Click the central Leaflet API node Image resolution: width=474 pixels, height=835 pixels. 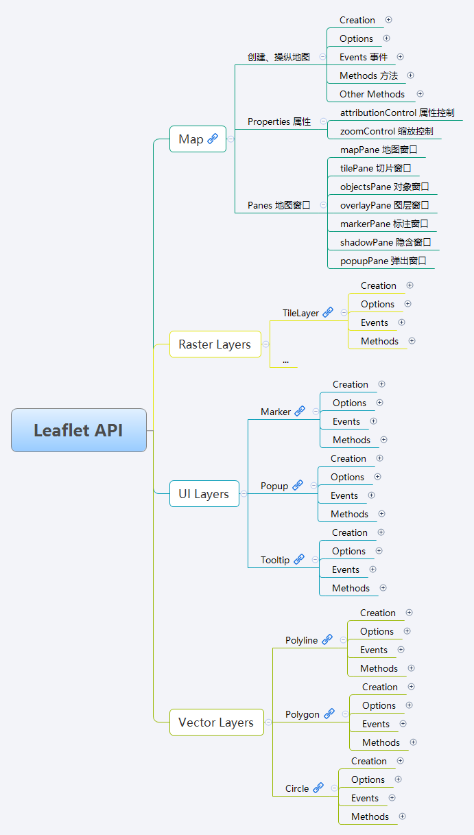[79, 430]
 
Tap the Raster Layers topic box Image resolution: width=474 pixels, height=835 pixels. [215, 344]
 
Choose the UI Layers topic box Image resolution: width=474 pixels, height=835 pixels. [204, 494]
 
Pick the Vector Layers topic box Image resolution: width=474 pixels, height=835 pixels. [216, 722]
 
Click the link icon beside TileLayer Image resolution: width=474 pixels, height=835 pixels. [328, 312]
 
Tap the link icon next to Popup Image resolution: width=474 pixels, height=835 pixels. [298, 485]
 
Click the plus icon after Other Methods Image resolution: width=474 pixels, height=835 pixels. [420, 94]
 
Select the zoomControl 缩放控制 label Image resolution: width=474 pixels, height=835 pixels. [386, 131]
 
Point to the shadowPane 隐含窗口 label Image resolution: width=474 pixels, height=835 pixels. [386, 242]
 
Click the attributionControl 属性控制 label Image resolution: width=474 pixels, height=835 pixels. [397, 113]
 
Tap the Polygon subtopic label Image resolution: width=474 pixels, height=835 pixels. [303, 714]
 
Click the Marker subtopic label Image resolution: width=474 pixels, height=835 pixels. [276, 412]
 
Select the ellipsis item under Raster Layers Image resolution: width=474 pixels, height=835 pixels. [285, 360]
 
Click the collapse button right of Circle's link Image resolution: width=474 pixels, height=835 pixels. [334, 788]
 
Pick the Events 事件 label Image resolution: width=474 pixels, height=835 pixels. [364, 57]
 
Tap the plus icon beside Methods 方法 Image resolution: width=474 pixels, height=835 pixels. [411, 75]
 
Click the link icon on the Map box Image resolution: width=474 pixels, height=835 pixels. [213, 139]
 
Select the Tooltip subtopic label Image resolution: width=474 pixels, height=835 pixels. [275, 560]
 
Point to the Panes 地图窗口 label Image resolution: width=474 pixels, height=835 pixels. [279, 205]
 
